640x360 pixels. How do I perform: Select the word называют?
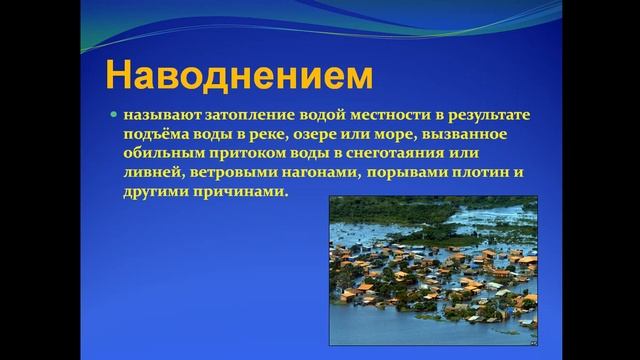coord(159,116)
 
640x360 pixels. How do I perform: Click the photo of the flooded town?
coord(434,262)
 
